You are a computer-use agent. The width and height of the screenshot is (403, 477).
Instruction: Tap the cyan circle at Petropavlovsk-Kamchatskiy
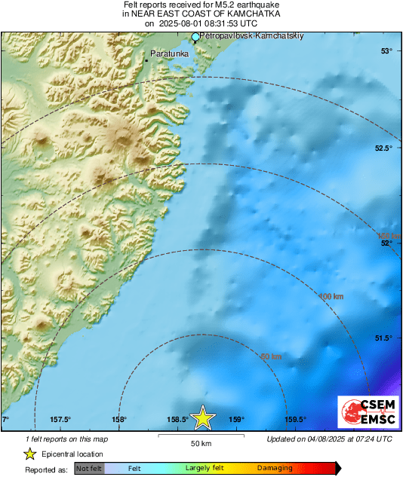click(x=195, y=36)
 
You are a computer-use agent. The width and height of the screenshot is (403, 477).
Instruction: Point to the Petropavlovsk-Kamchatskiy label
click(x=249, y=36)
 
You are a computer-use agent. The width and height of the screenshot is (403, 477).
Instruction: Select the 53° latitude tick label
click(x=386, y=51)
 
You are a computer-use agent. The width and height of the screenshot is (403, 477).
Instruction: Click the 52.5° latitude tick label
click(x=383, y=148)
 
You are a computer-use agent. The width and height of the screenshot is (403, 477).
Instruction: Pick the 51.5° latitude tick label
click(x=383, y=338)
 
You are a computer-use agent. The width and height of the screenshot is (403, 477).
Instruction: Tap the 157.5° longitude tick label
click(x=60, y=420)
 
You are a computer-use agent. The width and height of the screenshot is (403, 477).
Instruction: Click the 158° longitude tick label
click(x=118, y=420)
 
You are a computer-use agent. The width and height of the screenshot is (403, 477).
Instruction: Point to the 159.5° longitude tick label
click(x=295, y=420)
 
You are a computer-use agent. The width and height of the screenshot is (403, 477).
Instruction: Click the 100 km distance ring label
click(x=331, y=297)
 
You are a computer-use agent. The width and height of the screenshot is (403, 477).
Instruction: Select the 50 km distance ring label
click(x=271, y=356)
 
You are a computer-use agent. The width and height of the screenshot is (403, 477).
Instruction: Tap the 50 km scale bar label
click(x=200, y=443)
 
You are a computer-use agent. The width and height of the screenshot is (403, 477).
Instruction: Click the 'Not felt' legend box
click(x=90, y=468)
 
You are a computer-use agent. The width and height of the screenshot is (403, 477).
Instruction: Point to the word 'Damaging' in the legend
click(x=275, y=468)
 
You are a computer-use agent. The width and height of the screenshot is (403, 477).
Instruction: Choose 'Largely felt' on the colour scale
click(x=203, y=468)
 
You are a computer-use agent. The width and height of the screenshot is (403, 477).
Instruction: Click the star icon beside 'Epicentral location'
click(x=29, y=454)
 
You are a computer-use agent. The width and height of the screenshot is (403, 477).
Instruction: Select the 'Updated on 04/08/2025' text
click(x=330, y=439)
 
